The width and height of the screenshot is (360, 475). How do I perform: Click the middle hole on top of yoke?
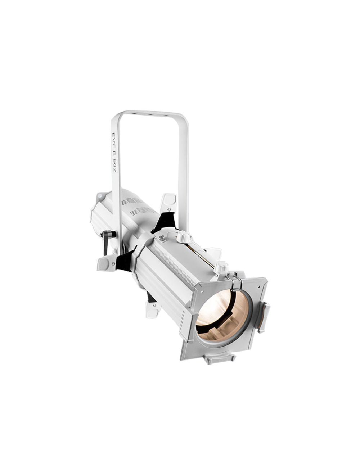click(x=148, y=114)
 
